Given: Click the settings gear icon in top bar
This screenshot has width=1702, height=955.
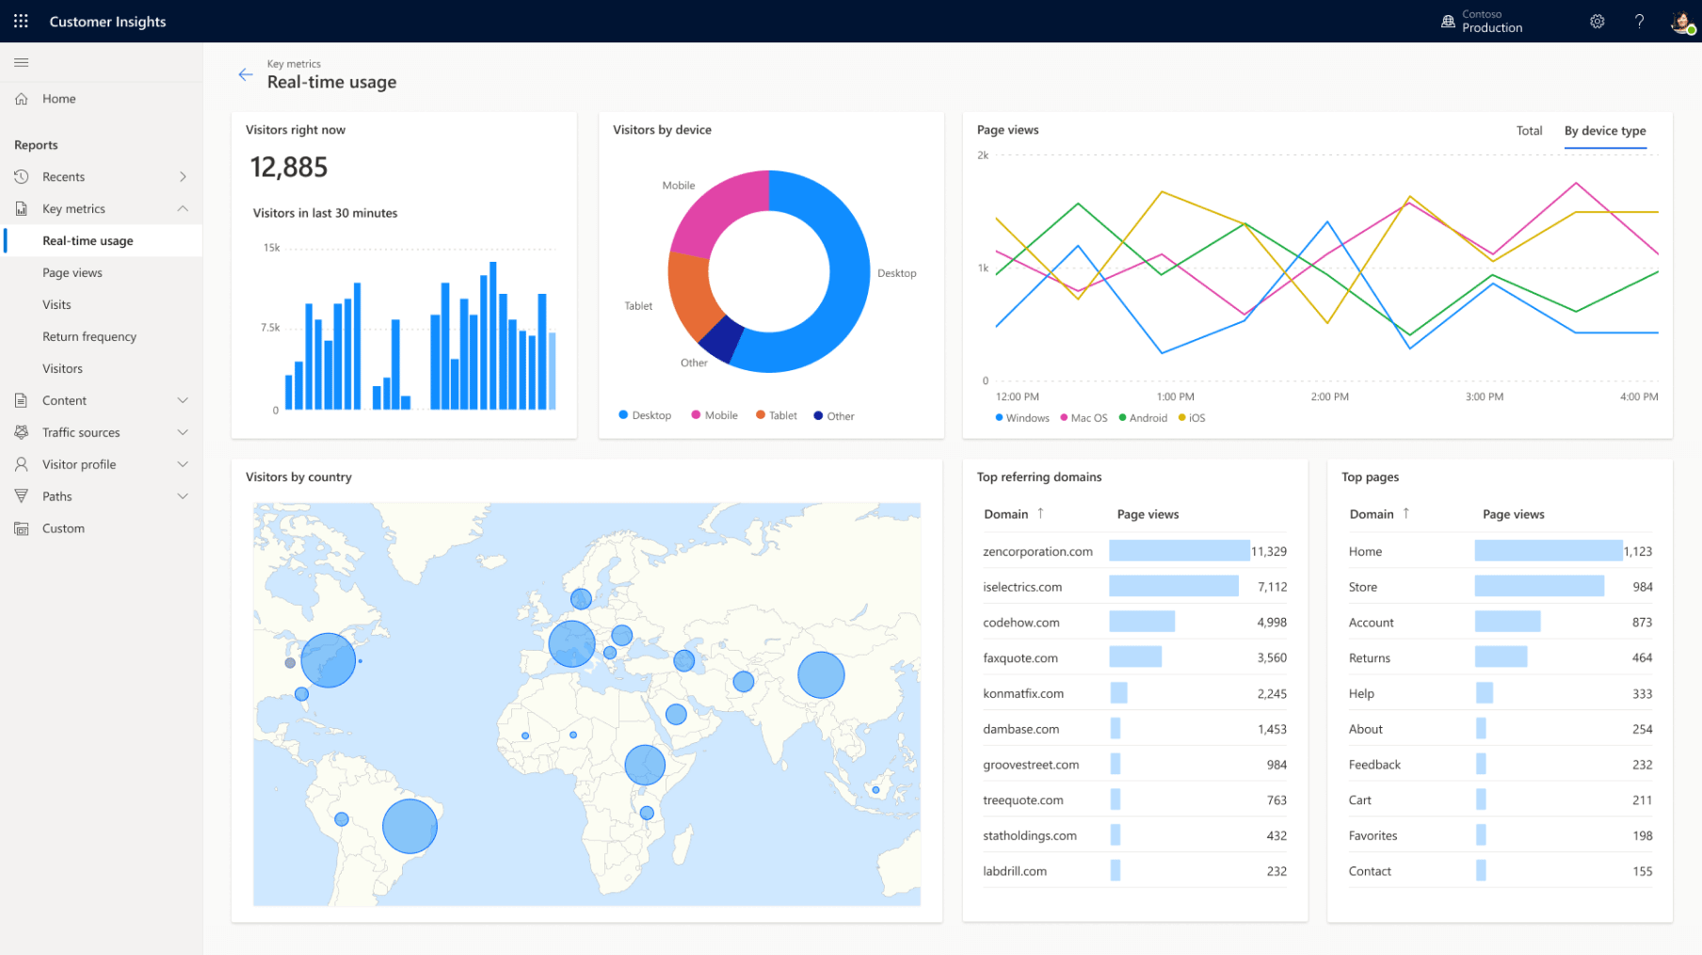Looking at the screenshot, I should [x=1597, y=22].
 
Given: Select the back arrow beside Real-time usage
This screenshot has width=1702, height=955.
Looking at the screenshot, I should [x=246, y=75].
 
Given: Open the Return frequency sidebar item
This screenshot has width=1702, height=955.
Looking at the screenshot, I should [x=89, y=336].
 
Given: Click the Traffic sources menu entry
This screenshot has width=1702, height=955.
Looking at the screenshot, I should [x=81, y=432].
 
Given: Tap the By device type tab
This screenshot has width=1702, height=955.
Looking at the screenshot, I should [x=1604, y=131].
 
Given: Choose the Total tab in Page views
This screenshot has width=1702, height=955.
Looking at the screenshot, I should [x=1529, y=131].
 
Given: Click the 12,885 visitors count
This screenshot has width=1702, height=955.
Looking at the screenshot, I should [x=289, y=168].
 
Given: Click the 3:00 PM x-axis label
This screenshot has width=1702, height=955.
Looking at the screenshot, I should [x=1484, y=397].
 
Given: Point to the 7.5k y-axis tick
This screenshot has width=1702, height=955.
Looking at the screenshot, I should [x=270, y=328].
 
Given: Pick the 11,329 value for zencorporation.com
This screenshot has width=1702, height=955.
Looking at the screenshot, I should [x=1268, y=552].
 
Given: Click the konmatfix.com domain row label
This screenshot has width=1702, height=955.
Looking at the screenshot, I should [x=1023, y=694].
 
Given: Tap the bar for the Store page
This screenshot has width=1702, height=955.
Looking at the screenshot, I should [x=1538, y=587].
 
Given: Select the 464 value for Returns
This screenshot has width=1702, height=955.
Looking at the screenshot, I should [x=1642, y=658].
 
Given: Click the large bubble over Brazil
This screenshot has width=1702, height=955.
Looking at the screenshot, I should [x=409, y=826].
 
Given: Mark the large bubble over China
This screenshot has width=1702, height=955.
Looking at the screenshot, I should [x=821, y=675].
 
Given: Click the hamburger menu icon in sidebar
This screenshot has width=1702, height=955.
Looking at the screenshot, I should [x=22, y=63].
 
